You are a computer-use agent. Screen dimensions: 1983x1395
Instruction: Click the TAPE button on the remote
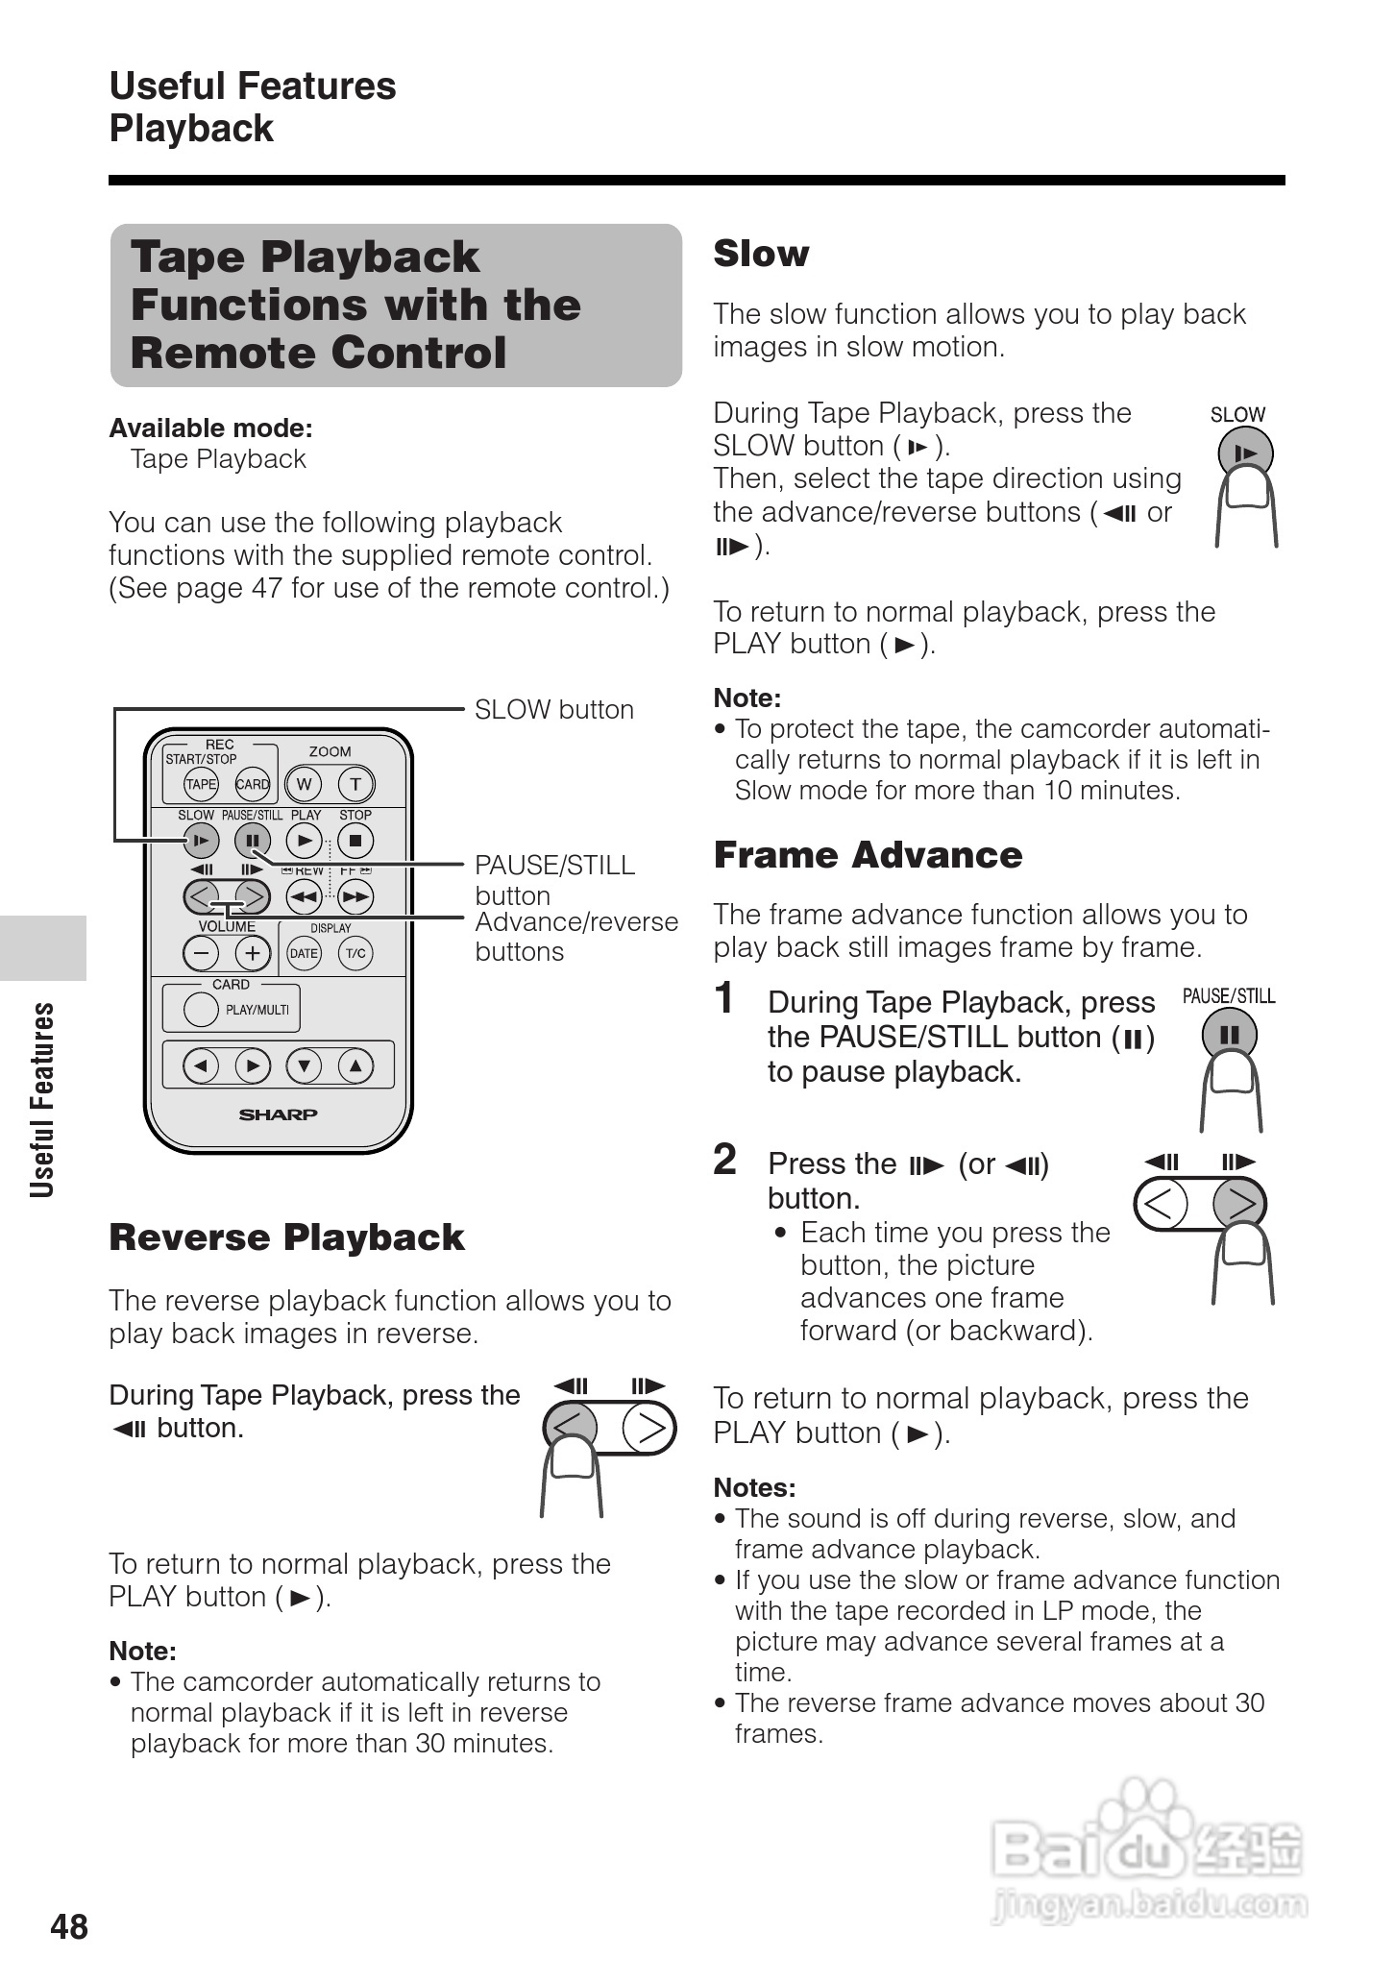(201, 784)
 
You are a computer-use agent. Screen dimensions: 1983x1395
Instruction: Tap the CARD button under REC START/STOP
(252, 784)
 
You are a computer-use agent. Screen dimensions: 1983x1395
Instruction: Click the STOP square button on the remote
(355, 842)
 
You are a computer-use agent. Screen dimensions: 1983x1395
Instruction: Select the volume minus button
(201, 953)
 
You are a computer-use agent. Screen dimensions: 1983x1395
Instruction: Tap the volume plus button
(253, 953)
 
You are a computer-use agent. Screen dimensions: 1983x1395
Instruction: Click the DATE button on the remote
(304, 953)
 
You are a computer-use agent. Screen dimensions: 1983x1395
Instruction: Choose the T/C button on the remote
(355, 953)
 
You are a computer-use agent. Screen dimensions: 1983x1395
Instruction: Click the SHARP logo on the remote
(278, 1114)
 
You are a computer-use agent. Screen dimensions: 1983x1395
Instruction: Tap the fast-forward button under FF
(355, 897)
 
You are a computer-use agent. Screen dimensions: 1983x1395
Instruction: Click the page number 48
(69, 1927)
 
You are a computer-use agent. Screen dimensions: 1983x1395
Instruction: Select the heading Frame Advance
(868, 855)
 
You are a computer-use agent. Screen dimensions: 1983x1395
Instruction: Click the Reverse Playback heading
(286, 1237)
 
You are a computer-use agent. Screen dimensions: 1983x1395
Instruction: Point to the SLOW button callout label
(554, 710)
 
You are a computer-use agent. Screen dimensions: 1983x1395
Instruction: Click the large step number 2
(725, 1160)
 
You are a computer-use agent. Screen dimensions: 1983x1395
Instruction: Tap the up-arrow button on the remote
(355, 1065)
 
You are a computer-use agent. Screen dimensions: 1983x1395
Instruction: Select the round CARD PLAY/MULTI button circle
(201, 1009)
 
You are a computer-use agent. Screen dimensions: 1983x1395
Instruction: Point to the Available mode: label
(210, 428)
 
